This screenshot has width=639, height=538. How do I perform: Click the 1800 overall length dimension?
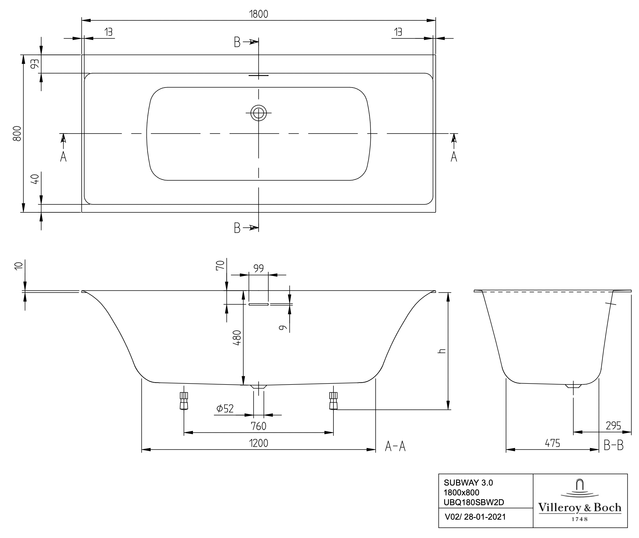(259, 14)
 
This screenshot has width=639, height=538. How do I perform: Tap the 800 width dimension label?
(17, 134)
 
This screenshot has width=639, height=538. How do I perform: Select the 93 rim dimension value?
(35, 64)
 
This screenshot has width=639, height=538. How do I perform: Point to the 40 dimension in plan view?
(35, 179)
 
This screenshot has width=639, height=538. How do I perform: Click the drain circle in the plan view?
(259, 113)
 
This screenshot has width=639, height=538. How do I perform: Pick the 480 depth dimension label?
(237, 338)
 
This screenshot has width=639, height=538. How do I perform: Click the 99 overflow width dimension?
(259, 268)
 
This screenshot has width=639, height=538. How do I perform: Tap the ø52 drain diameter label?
(225, 408)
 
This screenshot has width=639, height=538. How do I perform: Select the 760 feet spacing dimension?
(259, 426)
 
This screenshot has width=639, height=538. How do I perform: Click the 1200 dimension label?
(259, 443)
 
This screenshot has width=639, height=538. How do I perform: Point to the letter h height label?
(442, 351)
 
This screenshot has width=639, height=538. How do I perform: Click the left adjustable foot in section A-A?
(184, 401)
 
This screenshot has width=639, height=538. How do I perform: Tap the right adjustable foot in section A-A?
(333, 401)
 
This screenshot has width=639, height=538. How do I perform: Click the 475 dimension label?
(552, 443)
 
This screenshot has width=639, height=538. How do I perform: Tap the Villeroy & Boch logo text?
(580, 507)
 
